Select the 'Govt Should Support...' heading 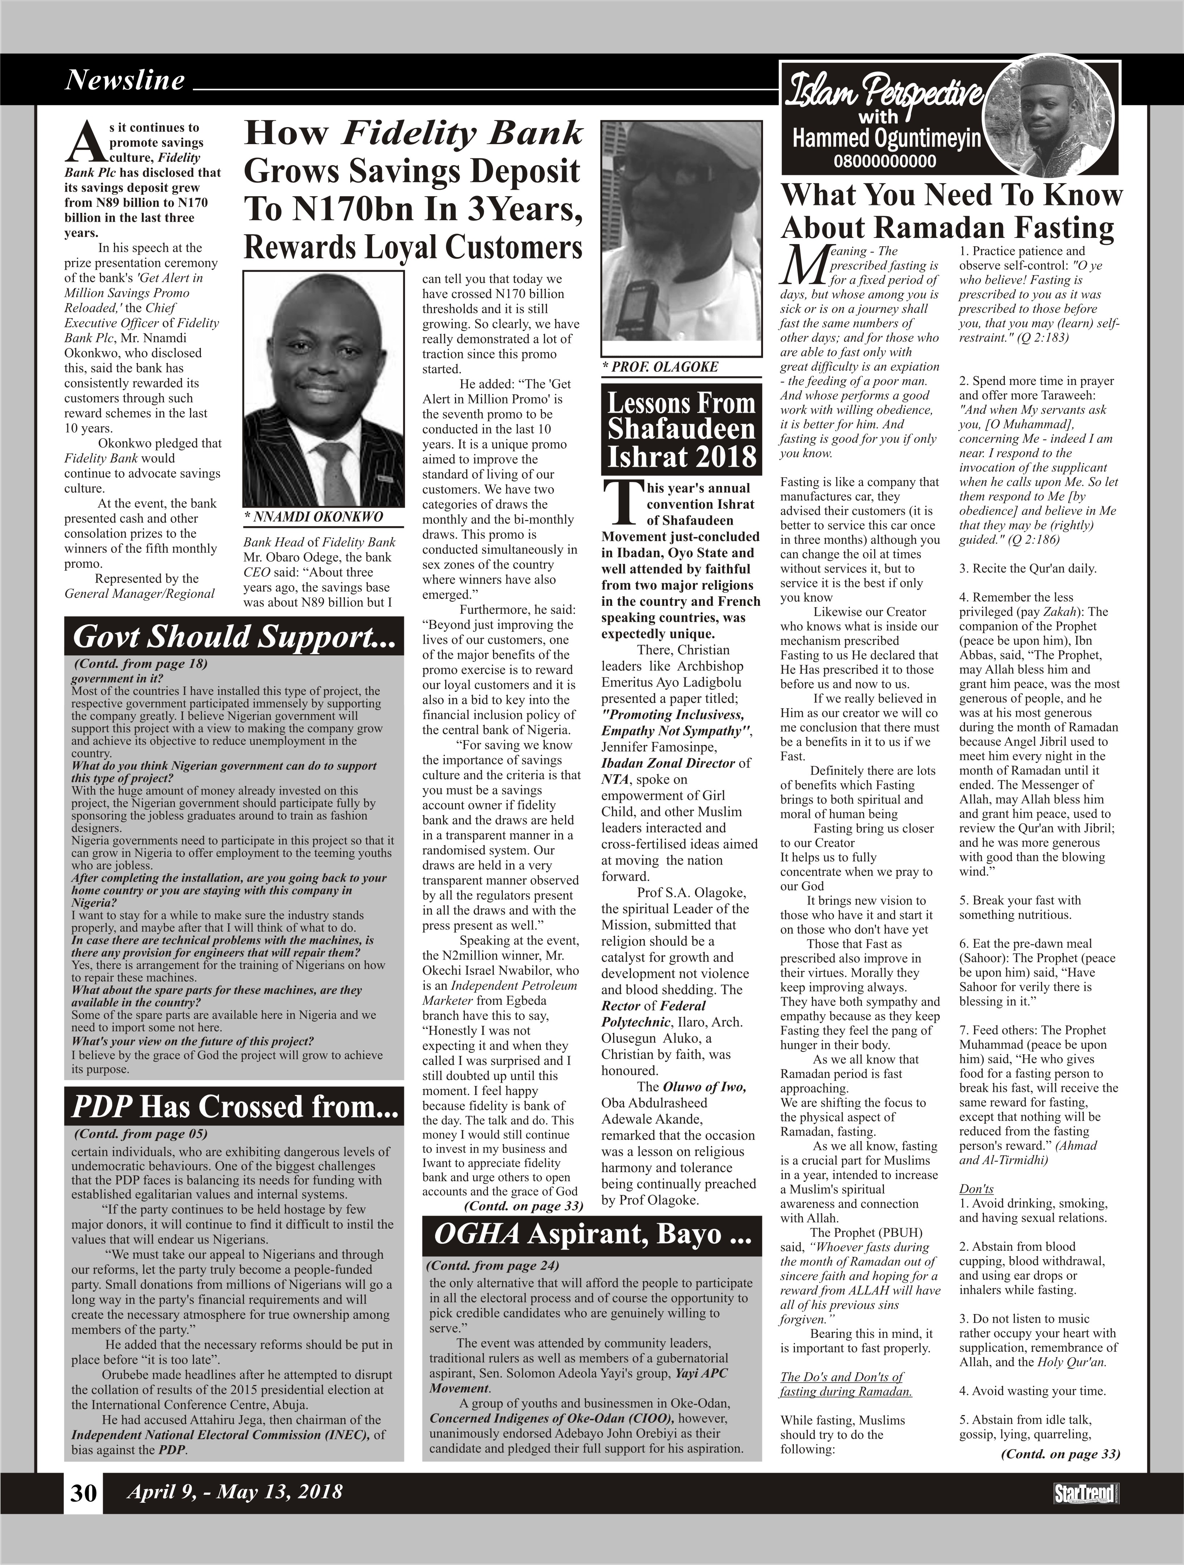click(x=234, y=637)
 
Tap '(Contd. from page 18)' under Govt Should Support click(x=141, y=664)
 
